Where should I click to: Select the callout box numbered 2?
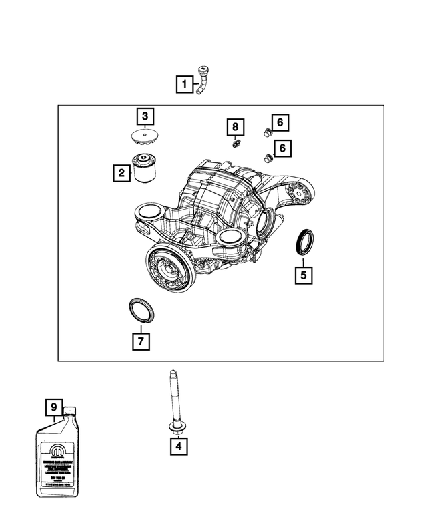121,174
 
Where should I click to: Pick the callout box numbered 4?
178,446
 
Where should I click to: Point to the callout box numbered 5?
303,274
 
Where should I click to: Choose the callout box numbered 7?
140,341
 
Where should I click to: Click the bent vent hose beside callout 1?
203,82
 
